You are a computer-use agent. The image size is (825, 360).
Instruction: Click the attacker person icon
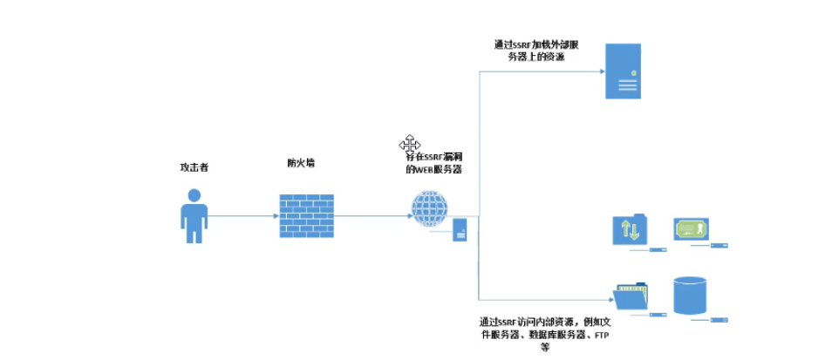point(194,219)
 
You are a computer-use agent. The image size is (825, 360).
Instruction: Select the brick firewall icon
point(306,215)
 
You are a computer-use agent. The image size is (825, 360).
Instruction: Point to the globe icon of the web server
point(429,209)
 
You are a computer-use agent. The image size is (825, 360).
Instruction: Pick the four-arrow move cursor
point(410,144)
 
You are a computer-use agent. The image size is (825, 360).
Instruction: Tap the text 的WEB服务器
point(433,170)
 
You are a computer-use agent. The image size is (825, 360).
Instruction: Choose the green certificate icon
point(691,229)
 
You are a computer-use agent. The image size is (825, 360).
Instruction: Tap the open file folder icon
point(631,296)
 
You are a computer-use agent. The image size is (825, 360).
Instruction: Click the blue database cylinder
point(691,295)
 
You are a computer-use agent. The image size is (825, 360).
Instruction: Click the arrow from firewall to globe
point(372,216)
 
